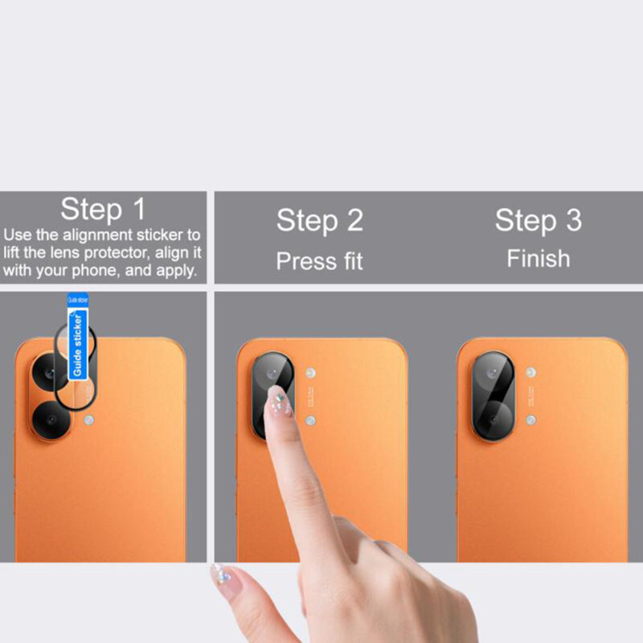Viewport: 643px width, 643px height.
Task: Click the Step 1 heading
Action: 103,209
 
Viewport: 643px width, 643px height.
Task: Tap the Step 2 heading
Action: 320,220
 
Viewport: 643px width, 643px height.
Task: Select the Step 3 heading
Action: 538,220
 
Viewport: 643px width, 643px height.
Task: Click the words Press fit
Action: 320,261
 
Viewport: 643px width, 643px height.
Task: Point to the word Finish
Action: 538,259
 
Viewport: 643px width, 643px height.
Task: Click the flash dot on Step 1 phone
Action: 89,420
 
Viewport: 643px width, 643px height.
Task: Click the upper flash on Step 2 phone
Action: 310,373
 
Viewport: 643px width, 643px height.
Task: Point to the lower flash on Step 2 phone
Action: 310,420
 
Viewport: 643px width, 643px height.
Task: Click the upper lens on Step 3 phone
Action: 493,374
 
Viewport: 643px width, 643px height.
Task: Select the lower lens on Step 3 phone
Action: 493,419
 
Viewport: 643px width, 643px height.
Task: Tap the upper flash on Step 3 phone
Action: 530,373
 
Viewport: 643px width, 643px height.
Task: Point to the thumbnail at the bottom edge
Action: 219,575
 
